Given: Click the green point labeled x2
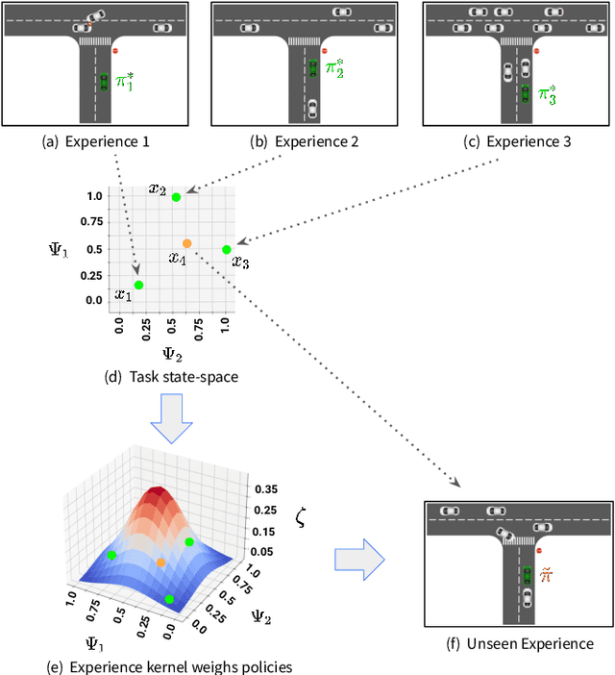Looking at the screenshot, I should pyautogui.click(x=176, y=197).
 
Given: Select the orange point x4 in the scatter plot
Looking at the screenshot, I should pyautogui.click(x=186, y=243).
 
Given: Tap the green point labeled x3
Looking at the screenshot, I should pyautogui.click(x=227, y=250).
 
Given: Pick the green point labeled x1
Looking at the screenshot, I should pyautogui.click(x=138, y=285).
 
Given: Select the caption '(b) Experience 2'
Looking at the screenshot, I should pyautogui.click(x=304, y=141).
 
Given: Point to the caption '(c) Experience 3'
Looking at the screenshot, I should pyautogui.click(x=516, y=141).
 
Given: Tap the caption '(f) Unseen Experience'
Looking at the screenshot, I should pyautogui.click(x=520, y=644).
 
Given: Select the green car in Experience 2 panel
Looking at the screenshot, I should pyautogui.click(x=312, y=67).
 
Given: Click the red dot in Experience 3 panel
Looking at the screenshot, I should pyautogui.click(x=536, y=51).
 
